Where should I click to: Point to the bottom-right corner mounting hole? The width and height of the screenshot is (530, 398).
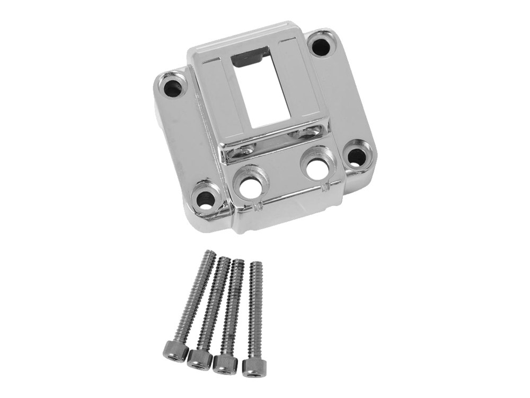(357, 156)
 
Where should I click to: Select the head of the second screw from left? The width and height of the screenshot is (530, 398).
(199, 357)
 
